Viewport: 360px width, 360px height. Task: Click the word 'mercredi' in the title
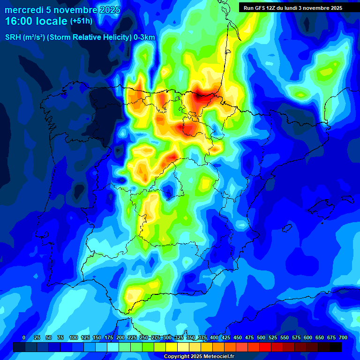tap(22, 10)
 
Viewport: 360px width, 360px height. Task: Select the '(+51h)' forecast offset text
tap(81, 21)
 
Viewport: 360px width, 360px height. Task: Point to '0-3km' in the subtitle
tap(144, 37)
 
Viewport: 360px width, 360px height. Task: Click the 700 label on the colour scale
tap(343, 337)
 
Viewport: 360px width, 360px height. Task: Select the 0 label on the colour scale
tap(24, 337)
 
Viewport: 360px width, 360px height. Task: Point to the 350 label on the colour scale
tap(191, 337)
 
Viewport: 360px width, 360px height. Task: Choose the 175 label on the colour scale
tap(109, 337)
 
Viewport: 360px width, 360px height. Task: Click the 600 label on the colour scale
tap(308, 337)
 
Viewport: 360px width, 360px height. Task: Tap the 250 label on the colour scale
tap(144, 337)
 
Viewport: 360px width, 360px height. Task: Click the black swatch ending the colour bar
tap(336, 347)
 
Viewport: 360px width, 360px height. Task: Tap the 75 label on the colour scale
tap(60, 337)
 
